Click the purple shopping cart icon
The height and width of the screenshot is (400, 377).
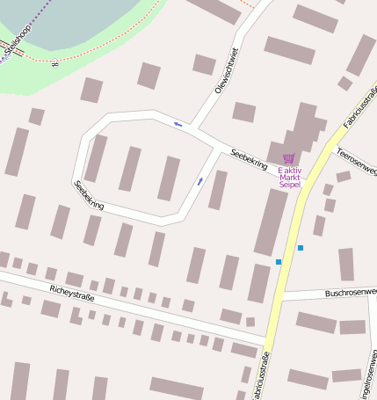[x=288, y=159]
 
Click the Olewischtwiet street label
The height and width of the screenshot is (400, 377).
[x=227, y=70]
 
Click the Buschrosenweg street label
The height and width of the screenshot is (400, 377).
[x=351, y=292]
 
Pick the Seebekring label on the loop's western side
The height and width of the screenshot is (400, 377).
[x=89, y=194]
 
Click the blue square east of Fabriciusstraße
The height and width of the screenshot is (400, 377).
[x=301, y=248]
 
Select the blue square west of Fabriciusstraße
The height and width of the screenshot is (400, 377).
[x=279, y=262]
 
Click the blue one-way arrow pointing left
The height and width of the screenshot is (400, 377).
[x=178, y=124]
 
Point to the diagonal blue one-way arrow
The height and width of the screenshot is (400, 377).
[x=200, y=181]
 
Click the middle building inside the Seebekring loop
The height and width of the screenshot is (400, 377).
[x=130, y=169]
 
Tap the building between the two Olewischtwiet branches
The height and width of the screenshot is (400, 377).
[x=205, y=64]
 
